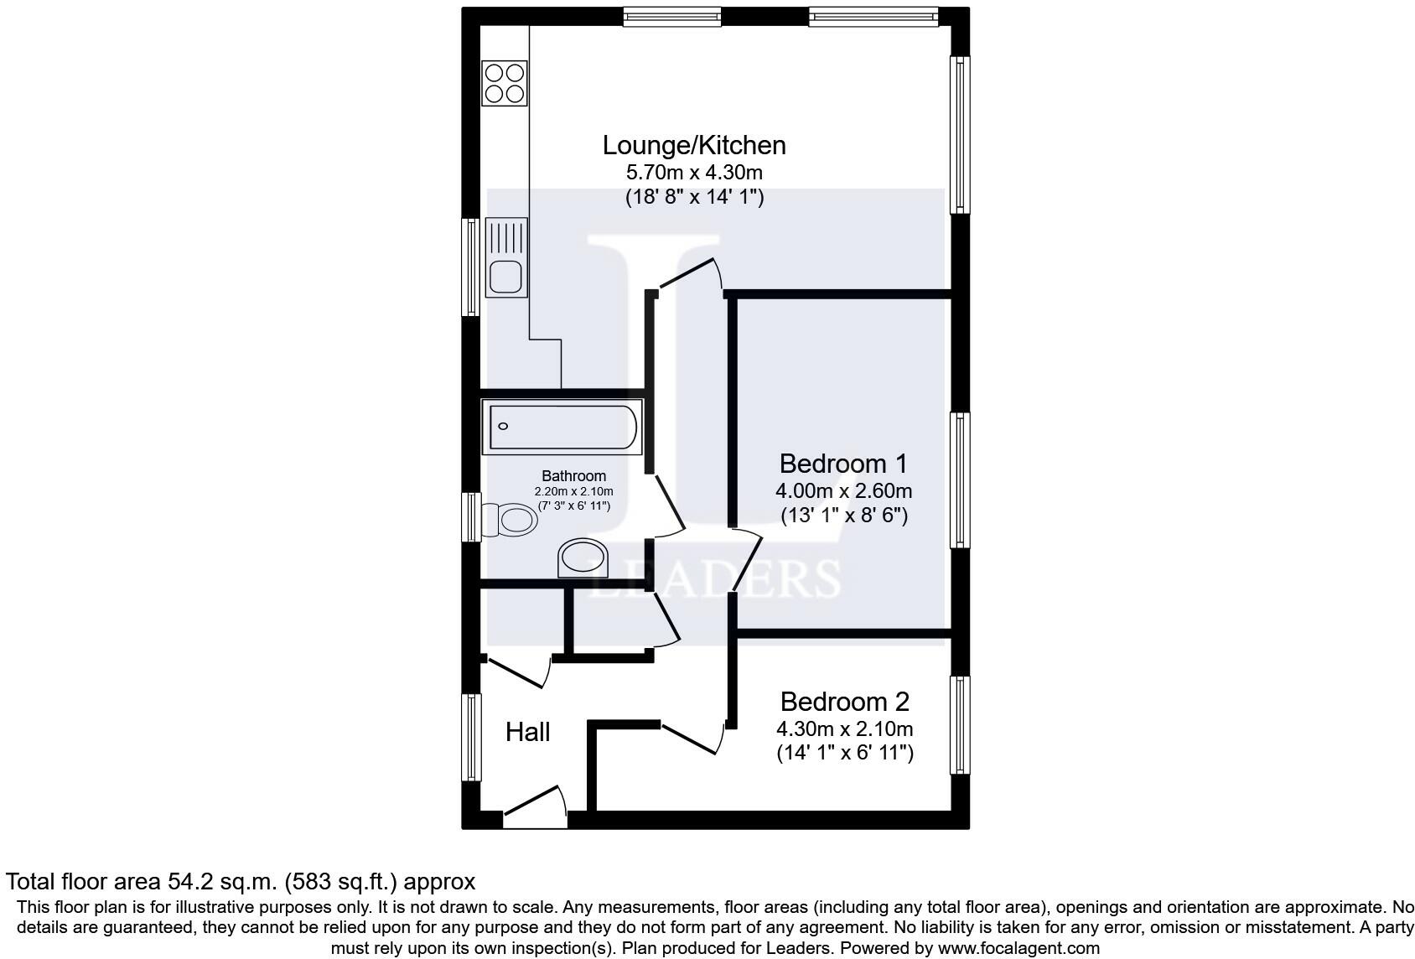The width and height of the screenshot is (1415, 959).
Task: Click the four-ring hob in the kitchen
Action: pyautogui.click(x=505, y=83)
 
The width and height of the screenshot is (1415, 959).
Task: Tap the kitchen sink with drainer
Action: pyautogui.click(x=506, y=257)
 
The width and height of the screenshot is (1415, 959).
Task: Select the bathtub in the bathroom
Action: pyautogui.click(x=562, y=427)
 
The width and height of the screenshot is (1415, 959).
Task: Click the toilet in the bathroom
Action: pyautogui.click(x=511, y=521)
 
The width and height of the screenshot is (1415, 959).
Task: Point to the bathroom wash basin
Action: pyautogui.click(x=583, y=558)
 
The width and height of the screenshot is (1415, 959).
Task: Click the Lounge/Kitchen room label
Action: pyautogui.click(x=694, y=145)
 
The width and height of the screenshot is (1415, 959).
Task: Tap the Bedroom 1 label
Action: pyautogui.click(x=843, y=464)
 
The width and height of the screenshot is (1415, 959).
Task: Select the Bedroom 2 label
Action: pyautogui.click(x=844, y=702)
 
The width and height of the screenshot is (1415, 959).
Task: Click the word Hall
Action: pyautogui.click(x=527, y=732)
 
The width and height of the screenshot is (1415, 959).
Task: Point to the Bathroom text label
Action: pyautogui.click(x=573, y=475)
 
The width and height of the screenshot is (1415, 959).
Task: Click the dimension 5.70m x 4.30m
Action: pyautogui.click(x=694, y=173)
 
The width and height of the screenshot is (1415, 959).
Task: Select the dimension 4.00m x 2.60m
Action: pyautogui.click(x=843, y=490)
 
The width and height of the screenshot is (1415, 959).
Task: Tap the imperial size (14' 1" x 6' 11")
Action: pyautogui.click(x=844, y=752)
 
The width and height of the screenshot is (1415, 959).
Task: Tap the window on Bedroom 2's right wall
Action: pyautogui.click(x=959, y=725)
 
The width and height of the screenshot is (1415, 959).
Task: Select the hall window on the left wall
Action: pyautogui.click(x=472, y=738)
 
